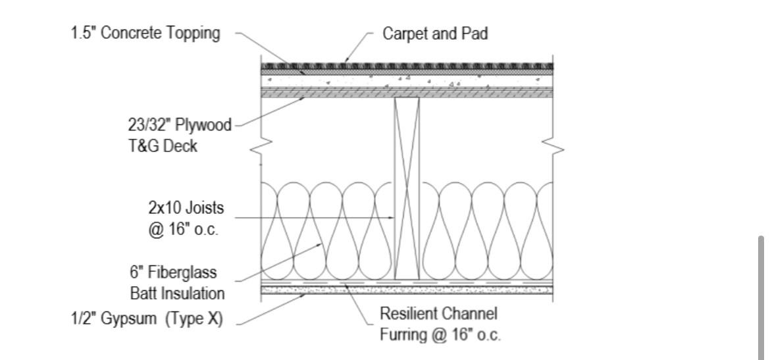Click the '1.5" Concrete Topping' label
(145, 34)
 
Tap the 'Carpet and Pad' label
(435, 34)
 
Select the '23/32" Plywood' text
(180, 126)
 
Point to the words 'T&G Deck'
(163, 146)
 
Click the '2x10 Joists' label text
(186, 209)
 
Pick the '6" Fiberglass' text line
(173, 272)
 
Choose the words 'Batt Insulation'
(177, 293)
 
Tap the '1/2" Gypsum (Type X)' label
(147, 319)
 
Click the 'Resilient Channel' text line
(438, 313)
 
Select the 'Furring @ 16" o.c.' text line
(440, 334)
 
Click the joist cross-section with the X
(406, 188)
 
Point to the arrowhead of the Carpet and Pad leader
(346, 63)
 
